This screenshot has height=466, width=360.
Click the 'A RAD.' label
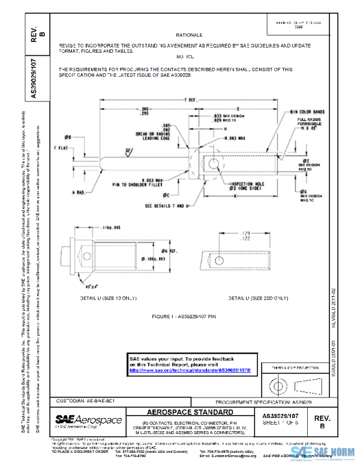pos(80,193)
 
